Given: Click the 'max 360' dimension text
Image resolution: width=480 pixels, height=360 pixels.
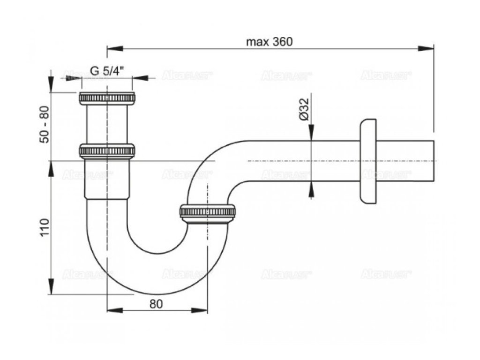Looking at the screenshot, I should coord(269,42).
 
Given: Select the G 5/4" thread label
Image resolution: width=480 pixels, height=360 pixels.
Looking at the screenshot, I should coord(107,71).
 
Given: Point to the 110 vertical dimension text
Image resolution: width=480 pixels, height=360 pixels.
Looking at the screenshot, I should coord(45,227).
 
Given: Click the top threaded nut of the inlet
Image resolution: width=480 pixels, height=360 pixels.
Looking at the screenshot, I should coord(107,98).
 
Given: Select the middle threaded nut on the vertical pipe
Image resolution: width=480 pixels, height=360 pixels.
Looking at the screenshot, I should coord(107,151).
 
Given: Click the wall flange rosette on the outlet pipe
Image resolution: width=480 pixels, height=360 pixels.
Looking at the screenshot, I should coord(368,161).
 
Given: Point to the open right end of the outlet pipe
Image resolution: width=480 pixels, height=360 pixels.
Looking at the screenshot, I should coord(434,161).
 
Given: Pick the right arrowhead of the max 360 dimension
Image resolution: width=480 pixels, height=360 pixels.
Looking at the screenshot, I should coord(427,48).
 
